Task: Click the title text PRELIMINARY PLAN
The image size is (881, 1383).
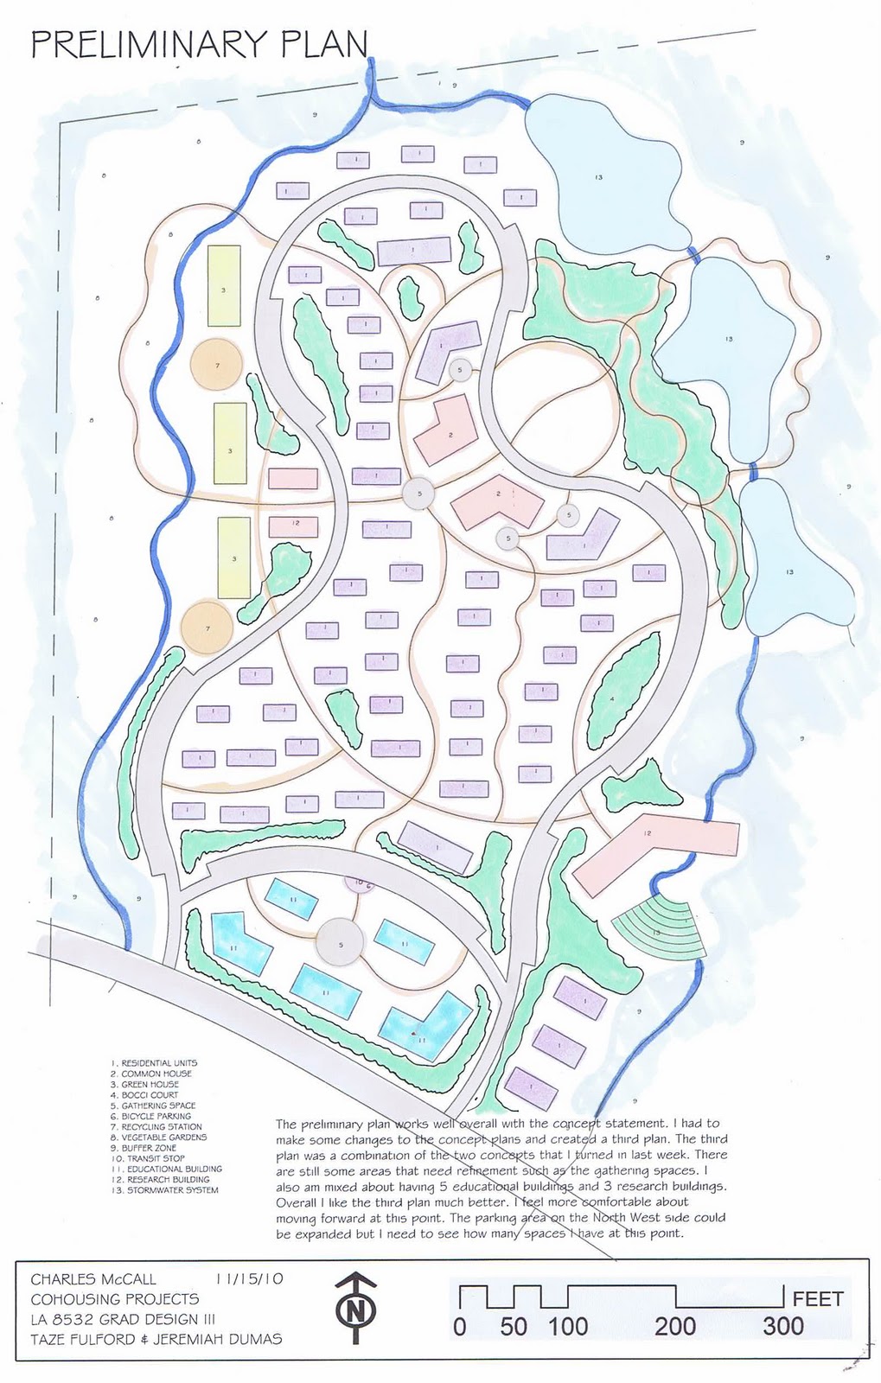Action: [199, 44]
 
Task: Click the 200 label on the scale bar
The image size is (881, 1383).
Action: [674, 1326]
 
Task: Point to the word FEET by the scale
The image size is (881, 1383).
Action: [817, 1299]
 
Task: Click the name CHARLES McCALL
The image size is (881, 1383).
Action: [94, 1279]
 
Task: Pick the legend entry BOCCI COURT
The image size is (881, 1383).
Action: [150, 1095]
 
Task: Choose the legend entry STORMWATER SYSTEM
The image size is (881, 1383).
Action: [172, 1190]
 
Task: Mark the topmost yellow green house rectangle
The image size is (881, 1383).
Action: [224, 285]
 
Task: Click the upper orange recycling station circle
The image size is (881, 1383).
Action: [216, 366]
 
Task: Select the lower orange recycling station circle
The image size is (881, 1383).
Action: [207, 628]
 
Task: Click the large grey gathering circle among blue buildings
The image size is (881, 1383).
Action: [341, 943]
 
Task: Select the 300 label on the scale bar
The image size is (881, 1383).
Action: [782, 1326]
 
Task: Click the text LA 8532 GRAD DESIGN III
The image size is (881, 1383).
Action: [123, 1319]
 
